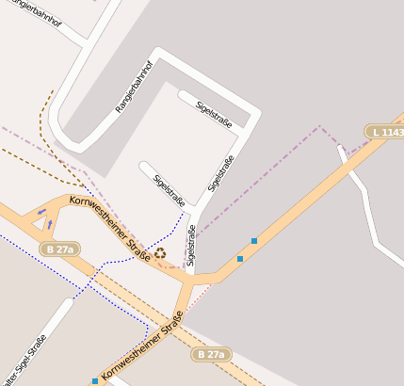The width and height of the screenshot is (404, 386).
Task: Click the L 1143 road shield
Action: [x=386, y=133]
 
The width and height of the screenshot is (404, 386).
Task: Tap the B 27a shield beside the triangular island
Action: [x=59, y=249]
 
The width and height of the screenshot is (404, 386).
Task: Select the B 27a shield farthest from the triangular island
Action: [x=211, y=354]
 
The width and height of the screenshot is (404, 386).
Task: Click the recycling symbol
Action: [x=161, y=251]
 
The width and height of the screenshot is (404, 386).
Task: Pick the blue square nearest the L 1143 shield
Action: [x=254, y=241]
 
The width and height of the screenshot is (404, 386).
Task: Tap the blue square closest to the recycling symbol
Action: [x=240, y=258]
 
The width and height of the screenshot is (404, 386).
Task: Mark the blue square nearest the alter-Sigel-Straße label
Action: [x=95, y=381]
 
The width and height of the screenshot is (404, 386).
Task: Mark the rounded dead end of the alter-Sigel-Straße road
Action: [x=68, y=304]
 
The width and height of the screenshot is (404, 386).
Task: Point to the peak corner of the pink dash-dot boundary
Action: [x=320, y=125]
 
